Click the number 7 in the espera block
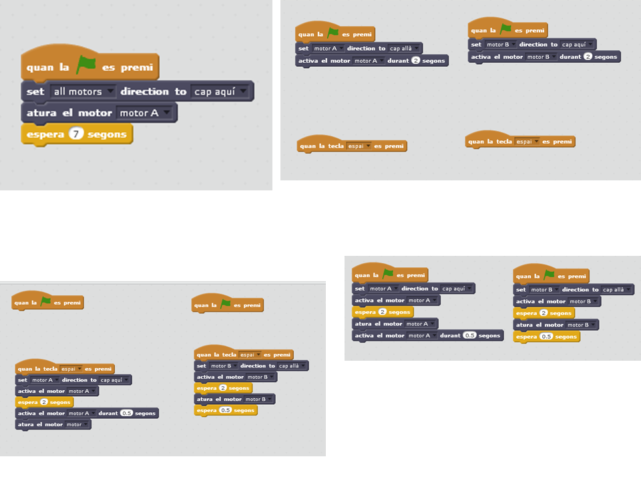(77, 134)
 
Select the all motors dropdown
(83, 92)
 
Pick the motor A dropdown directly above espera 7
(146, 113)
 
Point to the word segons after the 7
(107, 134)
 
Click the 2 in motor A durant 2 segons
(415, 60)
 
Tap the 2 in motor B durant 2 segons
(588, 57)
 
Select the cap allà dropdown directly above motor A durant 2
(405, 48)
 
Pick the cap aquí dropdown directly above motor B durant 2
(578, 45)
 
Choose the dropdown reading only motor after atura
(77, 424)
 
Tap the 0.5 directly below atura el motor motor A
(469, 335)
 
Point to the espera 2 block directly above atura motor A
(383, 312)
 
